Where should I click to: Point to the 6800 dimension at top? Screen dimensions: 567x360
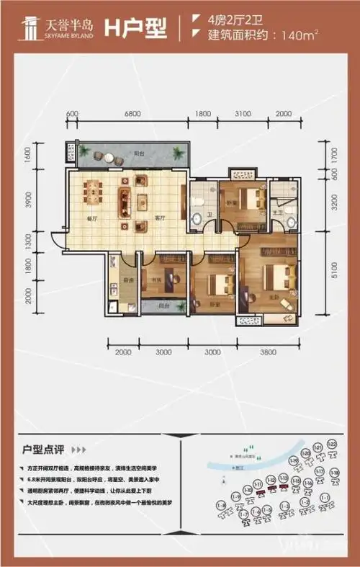(x=132, y=114)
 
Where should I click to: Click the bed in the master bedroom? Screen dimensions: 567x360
(x=276, y=277)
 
